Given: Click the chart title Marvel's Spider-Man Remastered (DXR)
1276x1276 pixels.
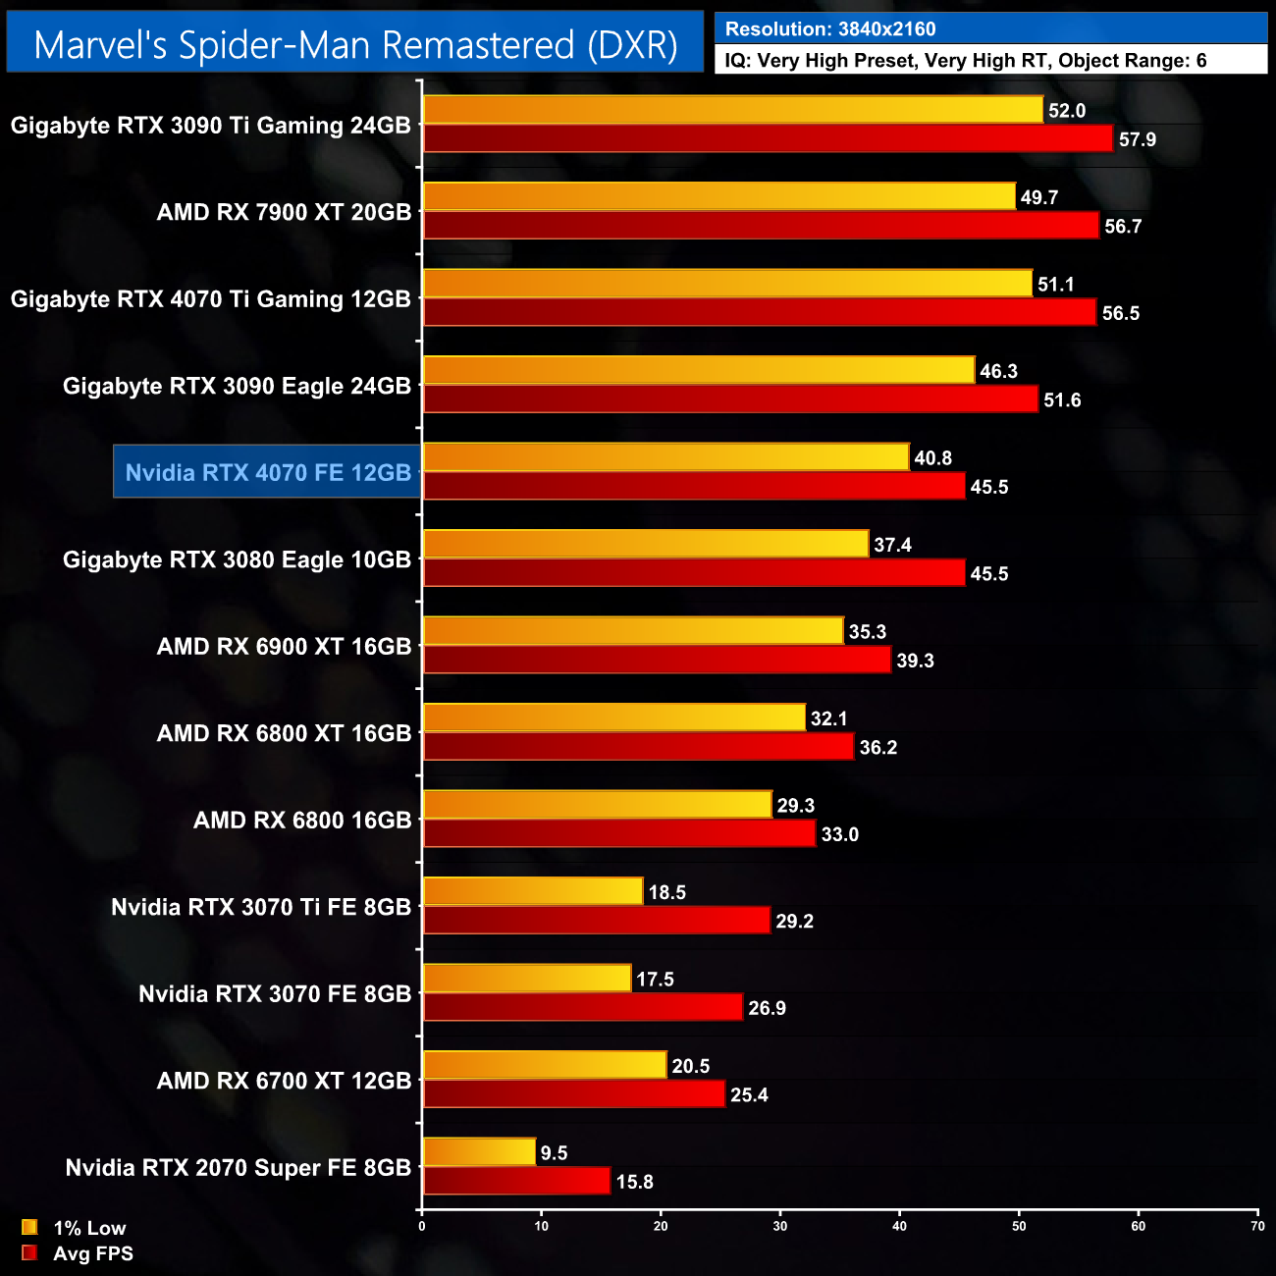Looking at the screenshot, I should [355, 45].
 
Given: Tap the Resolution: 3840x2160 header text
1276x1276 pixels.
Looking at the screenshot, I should [830, 29].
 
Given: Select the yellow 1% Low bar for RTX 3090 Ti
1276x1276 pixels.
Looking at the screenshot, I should [732, 110].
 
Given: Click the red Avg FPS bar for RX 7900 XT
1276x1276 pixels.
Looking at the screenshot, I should [761, 226].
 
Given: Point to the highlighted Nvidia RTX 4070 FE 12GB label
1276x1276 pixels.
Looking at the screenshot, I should [268, 472].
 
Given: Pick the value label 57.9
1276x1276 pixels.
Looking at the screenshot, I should [1137, 139].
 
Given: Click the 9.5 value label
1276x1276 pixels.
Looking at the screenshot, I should [554, 1153].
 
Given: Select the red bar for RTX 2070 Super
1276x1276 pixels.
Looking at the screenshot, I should [516, 1182].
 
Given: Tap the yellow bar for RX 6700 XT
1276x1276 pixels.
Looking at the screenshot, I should [545, 1065].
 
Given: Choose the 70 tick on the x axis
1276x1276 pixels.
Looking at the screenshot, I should [1257, 1226].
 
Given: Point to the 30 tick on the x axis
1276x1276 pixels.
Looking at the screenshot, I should [780, 1226].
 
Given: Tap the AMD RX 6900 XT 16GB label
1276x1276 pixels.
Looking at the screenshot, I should [284, 647].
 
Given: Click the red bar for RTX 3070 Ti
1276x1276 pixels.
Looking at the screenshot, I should [597, 921].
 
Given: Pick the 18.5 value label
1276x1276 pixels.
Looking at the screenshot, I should [666, 892].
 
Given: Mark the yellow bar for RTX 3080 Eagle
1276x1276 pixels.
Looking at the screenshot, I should [646, 544].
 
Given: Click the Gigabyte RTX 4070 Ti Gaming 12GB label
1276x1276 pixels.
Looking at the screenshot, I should [210, 299].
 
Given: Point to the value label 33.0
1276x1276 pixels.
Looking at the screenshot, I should [839, 834].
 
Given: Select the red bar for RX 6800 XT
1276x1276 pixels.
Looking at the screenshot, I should [638, 747].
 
